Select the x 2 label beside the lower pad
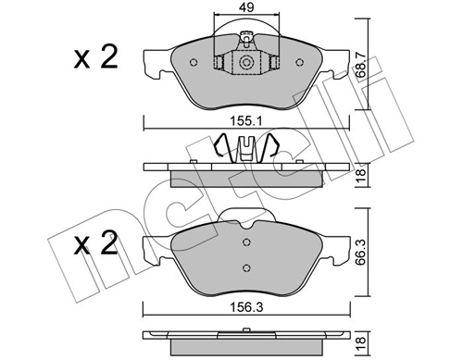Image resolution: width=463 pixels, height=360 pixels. tap(96, 246)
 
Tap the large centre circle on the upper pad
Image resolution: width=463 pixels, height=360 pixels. tap(247, 63)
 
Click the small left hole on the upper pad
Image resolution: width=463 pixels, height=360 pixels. tap(193, 64)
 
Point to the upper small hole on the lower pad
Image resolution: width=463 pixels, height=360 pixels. tap(247, 242)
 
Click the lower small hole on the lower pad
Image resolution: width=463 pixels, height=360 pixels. tap(247, 267)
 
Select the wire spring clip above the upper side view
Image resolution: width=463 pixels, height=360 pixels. tap(247, 148)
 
